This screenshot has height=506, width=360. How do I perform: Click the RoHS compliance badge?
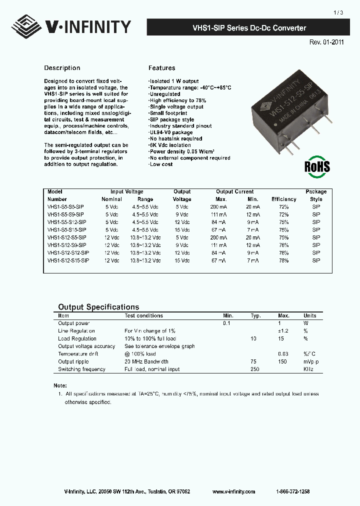[x=317, y=166]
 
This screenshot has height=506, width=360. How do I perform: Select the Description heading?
[x=62, y=68]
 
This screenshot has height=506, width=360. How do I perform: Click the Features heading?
[x=161, y=68]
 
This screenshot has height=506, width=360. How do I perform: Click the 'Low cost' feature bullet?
[x=160, y=164]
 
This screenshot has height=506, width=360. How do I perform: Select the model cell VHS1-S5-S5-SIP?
[x=65, y=206]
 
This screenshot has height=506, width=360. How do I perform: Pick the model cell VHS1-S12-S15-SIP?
[x=68, y=260]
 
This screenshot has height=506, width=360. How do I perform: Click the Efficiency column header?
[x=283, y=199]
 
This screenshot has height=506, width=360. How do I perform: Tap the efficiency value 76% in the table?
[x=283, y=245]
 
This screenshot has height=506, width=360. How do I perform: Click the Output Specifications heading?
[x=98, y=307]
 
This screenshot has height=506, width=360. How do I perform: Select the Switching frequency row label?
[x=81, y=369]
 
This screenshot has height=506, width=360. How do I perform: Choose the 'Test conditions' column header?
[x=143, y=315]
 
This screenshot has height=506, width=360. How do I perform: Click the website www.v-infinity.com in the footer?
[x=233, y=491]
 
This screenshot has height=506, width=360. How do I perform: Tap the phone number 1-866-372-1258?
[x=292, y=491]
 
